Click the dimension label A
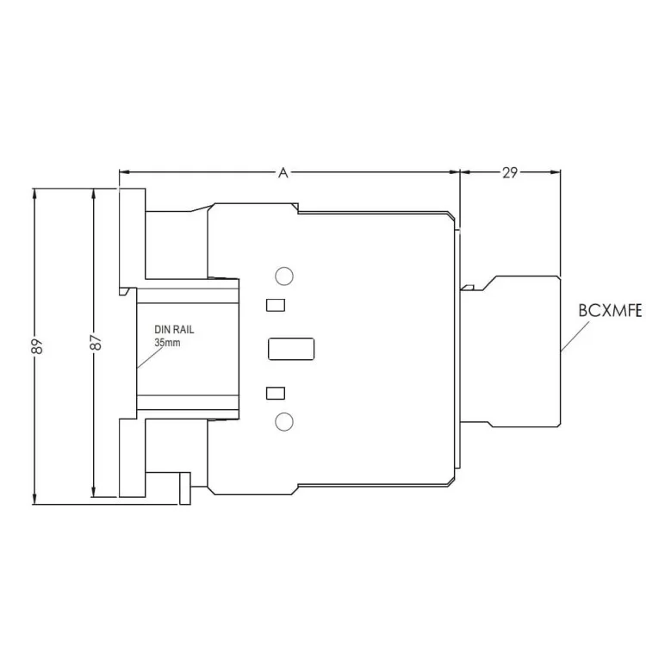(283, 172)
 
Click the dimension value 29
(510, 172)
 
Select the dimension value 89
(37, 346)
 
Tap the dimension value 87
(96, 342)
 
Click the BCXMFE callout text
(610, 311)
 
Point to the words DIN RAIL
(174, 330)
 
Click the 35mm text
(167, 342)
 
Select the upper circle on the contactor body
(284, 276)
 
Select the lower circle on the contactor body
(284, 421)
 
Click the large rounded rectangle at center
(291, 349)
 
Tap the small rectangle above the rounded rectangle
(276, 305)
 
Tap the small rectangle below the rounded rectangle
(276, 393)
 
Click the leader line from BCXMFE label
(575, 336)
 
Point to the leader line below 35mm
(151, 357)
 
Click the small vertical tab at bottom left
(185, 488)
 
